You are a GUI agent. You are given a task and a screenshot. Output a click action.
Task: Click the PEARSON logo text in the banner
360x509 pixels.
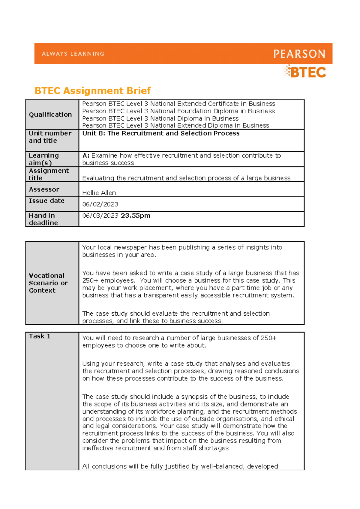click(x=299, y=54)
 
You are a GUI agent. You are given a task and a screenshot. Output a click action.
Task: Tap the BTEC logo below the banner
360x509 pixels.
click(x=305, y=72)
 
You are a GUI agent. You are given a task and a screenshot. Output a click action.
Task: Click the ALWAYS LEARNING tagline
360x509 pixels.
click(x=73, y=54)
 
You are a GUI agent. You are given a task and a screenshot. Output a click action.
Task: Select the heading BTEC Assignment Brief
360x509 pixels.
click(x=92, y=91)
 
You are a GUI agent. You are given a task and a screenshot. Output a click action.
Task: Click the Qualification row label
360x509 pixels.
click(x=50, y=115)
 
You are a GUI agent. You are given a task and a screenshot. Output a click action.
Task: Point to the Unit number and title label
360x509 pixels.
click(x=50, y=137)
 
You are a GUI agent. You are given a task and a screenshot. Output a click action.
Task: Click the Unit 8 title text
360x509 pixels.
click(x=161, y=133)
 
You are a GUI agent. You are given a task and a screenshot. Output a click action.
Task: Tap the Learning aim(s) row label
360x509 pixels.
click(x=44, y=159)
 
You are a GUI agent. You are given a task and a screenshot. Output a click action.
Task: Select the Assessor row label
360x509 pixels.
click(x=44, y=189)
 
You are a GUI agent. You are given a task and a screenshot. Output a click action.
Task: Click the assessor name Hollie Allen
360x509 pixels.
click(x=99, y=193)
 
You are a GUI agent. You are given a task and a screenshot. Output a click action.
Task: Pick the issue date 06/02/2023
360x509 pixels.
click(x=100, y=204)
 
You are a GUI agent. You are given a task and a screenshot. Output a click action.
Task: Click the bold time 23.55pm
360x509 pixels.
click(x=135, y=216)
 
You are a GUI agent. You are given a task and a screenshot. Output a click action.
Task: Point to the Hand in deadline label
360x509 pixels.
click(x=43, y=219)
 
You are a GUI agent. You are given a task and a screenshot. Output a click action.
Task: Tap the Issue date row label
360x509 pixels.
click(x=46, y=201)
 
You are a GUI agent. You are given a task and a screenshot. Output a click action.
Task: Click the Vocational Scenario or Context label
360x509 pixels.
click(x=48, y=283)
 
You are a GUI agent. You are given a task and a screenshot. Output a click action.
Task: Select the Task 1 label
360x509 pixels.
click(x=40, y=336)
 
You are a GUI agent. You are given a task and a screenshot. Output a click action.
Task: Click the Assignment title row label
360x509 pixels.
click(x=49, y=174)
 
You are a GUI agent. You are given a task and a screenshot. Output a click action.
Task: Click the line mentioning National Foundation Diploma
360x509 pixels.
click(x=178, y=111)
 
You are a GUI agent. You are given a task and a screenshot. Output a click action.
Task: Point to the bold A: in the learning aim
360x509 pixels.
click(x=86, y=156)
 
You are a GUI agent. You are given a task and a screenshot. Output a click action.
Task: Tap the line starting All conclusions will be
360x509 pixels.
click(x=180, y=466)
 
